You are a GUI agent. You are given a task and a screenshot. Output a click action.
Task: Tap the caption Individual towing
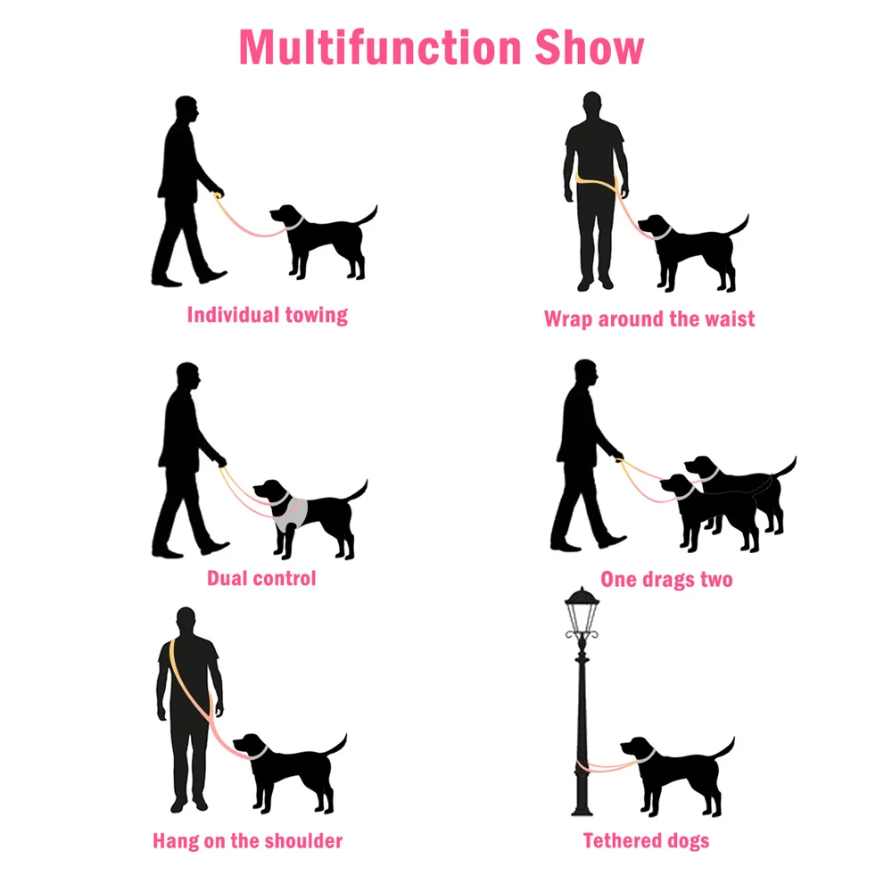point(268,315)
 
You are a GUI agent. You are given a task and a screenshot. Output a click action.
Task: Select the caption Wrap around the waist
point(649,319)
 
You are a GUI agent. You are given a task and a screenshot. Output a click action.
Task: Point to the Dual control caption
point(261,579)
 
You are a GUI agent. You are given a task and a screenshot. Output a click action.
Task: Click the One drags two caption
point(666,580)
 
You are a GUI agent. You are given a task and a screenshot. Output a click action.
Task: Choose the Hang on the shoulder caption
point(247,841)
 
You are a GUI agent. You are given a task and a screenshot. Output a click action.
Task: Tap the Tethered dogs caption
point(646,841)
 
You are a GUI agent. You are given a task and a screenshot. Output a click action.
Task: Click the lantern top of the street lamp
point(582,606)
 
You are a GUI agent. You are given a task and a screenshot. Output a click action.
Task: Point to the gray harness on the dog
point(291,514)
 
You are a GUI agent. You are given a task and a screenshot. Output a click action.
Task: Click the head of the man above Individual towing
point(186,109)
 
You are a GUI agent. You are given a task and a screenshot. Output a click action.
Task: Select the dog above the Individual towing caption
point(323,241)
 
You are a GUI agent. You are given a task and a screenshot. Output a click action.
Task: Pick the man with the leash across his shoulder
point(189,709)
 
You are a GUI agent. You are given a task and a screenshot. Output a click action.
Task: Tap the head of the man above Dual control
point(187,376)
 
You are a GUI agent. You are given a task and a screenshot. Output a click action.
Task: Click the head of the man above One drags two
point(585,373)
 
